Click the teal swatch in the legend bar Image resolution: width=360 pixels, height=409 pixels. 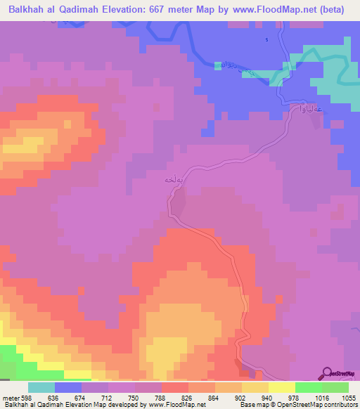[x=41, y=387]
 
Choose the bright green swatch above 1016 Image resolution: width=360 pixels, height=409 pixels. [x=308, y=387]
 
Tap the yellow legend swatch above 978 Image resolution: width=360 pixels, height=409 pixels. [x=281, y=387]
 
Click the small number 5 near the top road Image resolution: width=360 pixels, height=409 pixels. [x=266, y=39]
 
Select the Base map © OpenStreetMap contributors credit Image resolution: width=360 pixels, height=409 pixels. [x=297, y=405]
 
